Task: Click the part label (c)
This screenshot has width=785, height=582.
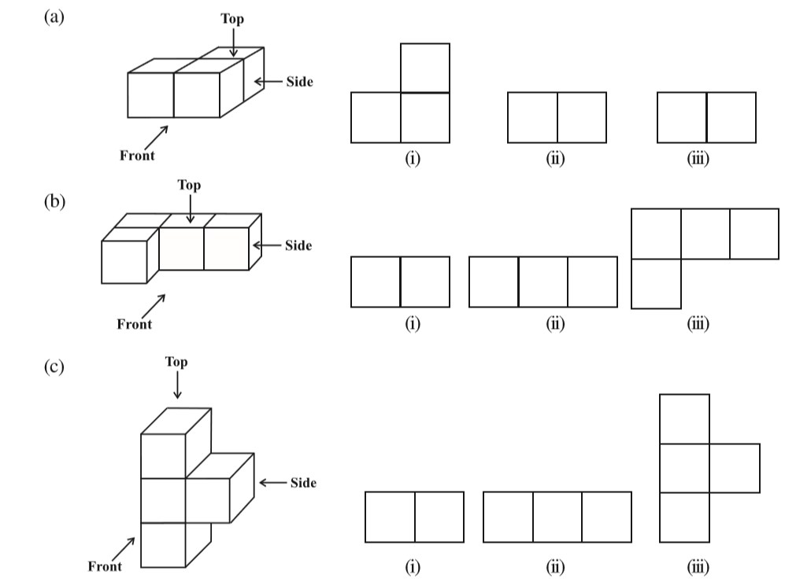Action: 54,367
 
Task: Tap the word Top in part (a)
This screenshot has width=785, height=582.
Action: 232,20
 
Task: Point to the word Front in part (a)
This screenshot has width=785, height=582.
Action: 137,155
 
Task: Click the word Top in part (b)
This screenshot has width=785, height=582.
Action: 189,186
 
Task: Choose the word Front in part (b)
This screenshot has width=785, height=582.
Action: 134,323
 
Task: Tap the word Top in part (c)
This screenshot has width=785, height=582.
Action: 176,363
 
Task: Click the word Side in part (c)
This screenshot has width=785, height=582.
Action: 303,483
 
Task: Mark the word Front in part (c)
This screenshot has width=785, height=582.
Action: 104,565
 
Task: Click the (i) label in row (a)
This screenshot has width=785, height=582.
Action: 412,160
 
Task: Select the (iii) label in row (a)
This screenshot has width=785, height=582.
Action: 696,160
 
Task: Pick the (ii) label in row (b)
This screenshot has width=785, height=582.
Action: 556,323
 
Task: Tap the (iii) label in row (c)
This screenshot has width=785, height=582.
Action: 696,567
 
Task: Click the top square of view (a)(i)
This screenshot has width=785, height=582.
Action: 425,68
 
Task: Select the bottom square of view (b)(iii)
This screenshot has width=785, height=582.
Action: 656,283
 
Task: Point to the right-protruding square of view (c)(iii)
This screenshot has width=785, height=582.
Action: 735,468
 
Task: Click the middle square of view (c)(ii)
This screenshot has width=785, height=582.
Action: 557,517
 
